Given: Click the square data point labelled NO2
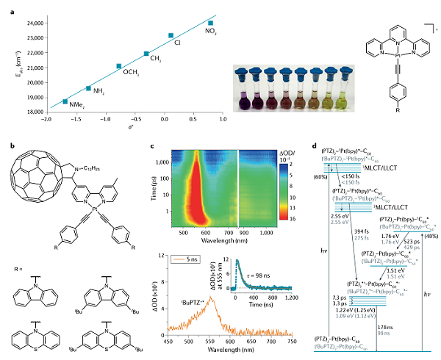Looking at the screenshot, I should [210, 23].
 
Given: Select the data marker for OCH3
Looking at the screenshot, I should [119, 66].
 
